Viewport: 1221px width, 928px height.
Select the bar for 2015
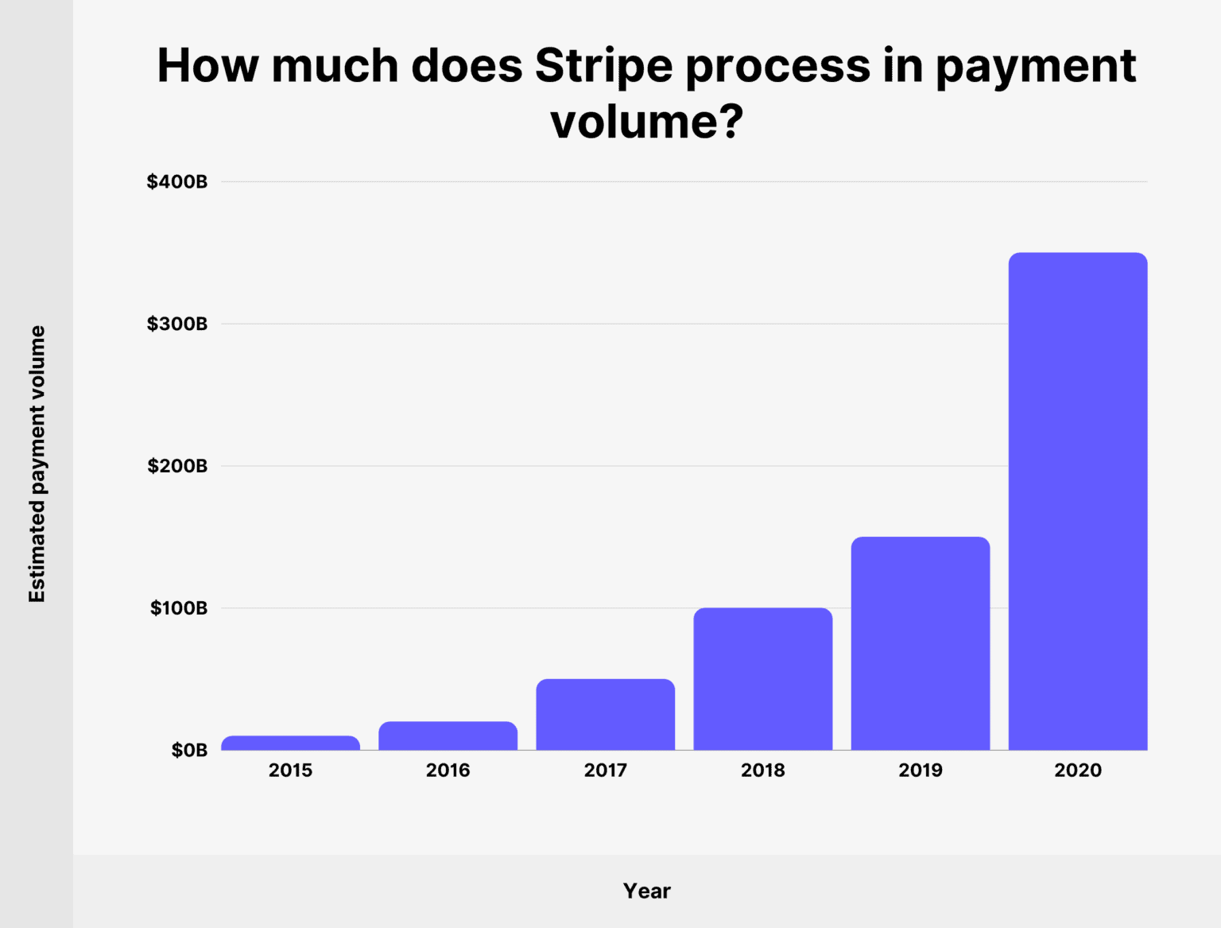290,743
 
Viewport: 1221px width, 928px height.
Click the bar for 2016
448,736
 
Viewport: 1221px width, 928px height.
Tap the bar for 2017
605,714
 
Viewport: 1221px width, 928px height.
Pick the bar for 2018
762,678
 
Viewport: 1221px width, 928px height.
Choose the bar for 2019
920,643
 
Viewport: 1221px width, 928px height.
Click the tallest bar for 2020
1077,501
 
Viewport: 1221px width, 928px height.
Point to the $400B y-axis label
176,181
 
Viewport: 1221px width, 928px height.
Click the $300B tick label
176,324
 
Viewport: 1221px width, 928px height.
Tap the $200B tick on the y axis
176,466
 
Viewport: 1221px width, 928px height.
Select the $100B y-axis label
178,608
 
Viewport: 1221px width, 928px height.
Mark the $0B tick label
189,750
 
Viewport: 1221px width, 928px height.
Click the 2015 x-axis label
290,770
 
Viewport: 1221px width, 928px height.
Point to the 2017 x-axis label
605,770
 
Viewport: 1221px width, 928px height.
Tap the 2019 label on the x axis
920,770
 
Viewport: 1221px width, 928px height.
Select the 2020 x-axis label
1077,770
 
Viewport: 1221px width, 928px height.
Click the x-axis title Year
646,891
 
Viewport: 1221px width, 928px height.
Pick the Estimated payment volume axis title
37,464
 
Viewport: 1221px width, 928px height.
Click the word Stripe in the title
603,66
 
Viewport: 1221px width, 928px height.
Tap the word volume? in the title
646,122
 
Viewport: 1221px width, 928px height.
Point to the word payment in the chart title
1035,66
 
